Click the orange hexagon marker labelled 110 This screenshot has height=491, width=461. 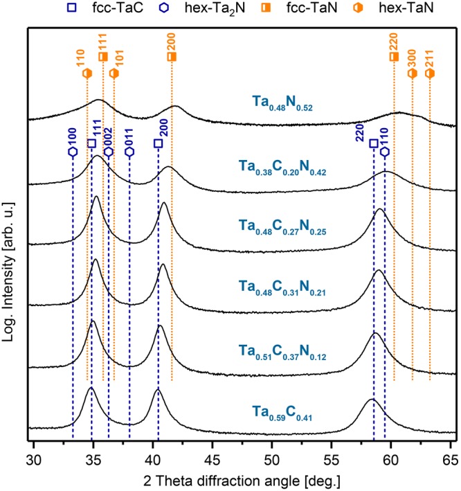point(87,73)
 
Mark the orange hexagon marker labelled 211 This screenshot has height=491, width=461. point(430,73)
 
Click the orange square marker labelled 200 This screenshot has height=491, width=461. point(172,57)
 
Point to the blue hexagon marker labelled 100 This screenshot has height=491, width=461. point(73,152)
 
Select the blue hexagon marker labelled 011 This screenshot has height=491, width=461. point(129,152)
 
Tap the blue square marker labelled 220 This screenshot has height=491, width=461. point(374,143)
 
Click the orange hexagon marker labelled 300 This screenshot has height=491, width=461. point(413,73)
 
